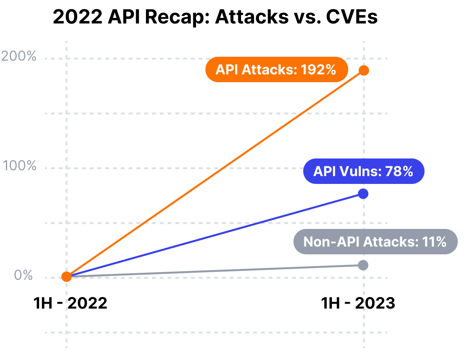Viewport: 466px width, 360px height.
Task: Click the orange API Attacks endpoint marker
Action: pos(364,70)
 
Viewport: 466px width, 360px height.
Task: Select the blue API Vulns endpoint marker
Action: pos(363,194)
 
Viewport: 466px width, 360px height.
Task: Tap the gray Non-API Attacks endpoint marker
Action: pos(363,265)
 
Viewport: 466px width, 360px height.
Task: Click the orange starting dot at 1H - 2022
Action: pos(67,277)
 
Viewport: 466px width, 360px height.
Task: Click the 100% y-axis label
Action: pos(20,166)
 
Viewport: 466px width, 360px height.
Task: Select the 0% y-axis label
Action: pos(23,275)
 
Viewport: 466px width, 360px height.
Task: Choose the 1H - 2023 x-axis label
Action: pos(358,303)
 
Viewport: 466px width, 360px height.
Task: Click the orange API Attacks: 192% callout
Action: pos(277,70)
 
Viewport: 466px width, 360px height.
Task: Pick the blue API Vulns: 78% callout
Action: pos(363,171)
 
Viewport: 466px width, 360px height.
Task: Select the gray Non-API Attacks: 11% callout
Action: pos(375,242)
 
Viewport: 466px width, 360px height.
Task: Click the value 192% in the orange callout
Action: pos(318,70)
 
